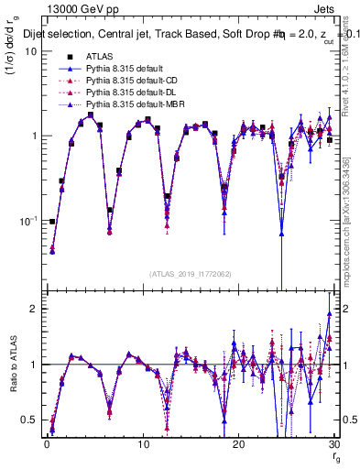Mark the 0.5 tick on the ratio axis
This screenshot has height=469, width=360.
[x=30, y=420]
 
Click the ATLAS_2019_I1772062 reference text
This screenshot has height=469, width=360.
[x=190, y=274]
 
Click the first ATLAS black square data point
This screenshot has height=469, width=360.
[x=52, y=221]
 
